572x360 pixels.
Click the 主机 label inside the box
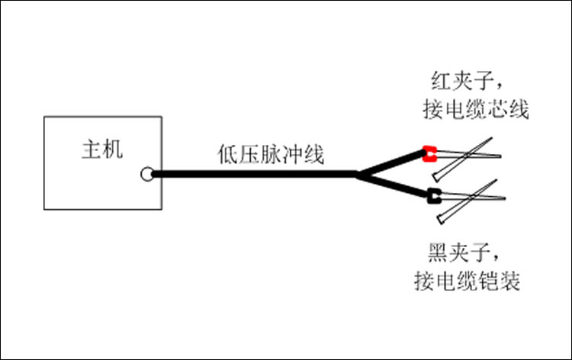[101, 149]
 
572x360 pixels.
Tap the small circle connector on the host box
[147, 175]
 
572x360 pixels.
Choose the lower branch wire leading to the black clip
[393, 186]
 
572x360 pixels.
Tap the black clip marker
[433, 195]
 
